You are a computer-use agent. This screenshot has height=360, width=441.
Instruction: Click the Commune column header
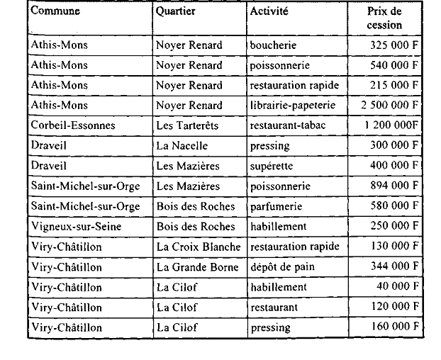(x=55, y=12)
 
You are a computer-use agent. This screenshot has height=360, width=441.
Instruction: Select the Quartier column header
(x=176, y=12)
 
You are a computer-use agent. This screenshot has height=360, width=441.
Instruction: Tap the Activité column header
(x=269, y=12)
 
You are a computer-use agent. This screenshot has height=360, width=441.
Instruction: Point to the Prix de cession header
(x=385, y=18)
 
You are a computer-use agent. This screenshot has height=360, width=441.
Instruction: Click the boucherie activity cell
(x=273, y=45)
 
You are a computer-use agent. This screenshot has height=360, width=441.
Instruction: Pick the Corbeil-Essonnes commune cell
(x=72, y=125)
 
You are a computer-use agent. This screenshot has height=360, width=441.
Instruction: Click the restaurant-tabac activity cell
(x=290, y=125)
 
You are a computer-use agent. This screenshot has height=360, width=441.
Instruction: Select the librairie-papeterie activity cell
(x=292, y=106)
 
